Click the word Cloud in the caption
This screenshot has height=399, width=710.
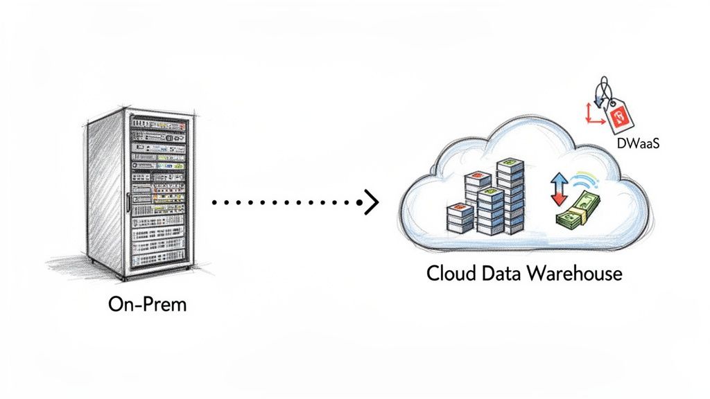[x=449, y=273]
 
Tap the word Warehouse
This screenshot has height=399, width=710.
[x=575, y=273]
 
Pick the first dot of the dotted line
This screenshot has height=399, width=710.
[x=214, y=202]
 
